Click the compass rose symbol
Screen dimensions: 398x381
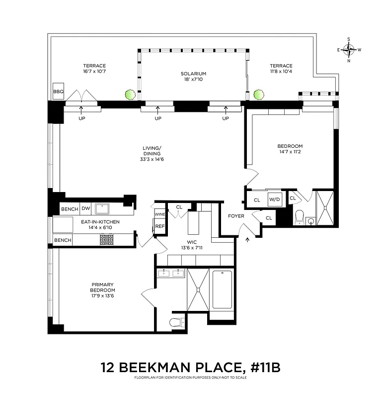pyautogui.click(x=349, y=49)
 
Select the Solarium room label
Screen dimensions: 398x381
pyautogui.click(x=193, y=74)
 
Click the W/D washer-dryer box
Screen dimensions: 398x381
pyautogui.click(x=275, y=199)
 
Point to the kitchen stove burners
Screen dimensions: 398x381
pyautogui.click(x=107, y=240)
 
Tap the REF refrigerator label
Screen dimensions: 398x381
pyautogui.click(x=159, y=226)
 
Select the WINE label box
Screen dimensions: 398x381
pyautogui.click(x=159, y=214)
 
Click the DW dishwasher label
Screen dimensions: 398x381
pyautogui.click(x=85, y=209)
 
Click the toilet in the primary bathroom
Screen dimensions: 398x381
pyautogui.click(x=176, y=322)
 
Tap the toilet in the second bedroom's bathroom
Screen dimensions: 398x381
pyautogui.click(x=299, y=216)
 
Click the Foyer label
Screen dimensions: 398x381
pyautogui.click(x=236, y=216)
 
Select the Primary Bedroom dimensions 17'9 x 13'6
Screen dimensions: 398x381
pyautogui.click(x=103, y=297)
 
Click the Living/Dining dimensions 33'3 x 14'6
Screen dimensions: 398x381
pyautogui.click(x=152, y=160)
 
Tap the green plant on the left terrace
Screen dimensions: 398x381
pyautogui.click(x=130, y=94)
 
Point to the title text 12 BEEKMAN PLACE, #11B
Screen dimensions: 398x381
pyautogui.click(x=190, y=368)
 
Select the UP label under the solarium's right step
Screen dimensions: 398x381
pyautogui.click(x=226, y=118)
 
